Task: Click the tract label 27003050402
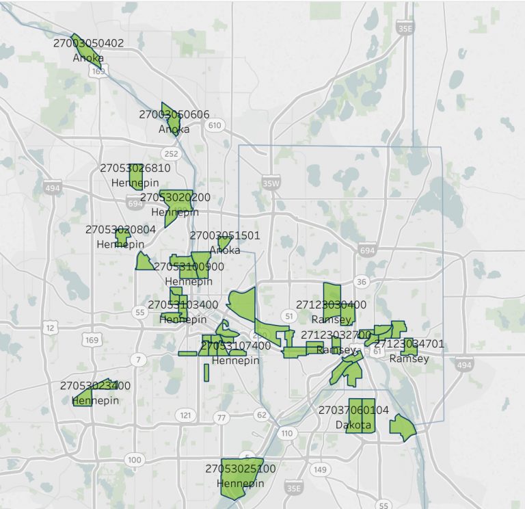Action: click(89, 43)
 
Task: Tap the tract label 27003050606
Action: click(174, 114)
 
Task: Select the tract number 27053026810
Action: click(135, 168)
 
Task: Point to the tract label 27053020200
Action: click(166, 198)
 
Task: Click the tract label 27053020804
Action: click(121, 230)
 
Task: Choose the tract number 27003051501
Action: click(225, 235)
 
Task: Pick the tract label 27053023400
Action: click(94, 385)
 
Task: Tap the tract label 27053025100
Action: click(240, 469)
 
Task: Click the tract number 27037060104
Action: click(353, 410)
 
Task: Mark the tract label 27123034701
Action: click(409, 343)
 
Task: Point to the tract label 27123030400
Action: click(332, 304)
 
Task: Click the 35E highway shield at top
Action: click(406, 29)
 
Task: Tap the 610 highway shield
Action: click(215, 125)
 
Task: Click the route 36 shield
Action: click(362, 282)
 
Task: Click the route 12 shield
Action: click(49, 329)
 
